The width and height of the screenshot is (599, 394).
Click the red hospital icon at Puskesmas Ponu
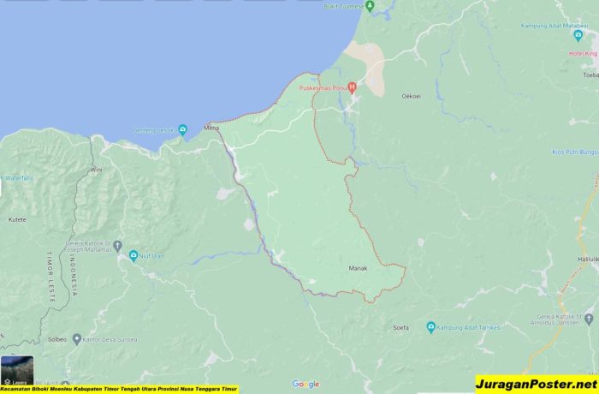tap(351, 87)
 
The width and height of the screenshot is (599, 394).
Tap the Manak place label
tap(358, 268)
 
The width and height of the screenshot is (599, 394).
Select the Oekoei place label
tap(412, 96)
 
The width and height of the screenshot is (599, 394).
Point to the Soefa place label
tap(400, 327)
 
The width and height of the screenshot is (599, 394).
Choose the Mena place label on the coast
tap(211, 128)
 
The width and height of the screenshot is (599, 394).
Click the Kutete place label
tap(17, 220)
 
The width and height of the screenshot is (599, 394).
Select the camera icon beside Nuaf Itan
tap(133, 254)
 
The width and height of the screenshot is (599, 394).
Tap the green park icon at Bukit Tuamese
tap(370, 5)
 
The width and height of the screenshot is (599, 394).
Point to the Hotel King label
tap(583, 53)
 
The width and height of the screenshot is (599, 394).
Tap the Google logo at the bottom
tap(305, 384)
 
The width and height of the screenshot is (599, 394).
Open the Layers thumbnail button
tap(17, 371)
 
